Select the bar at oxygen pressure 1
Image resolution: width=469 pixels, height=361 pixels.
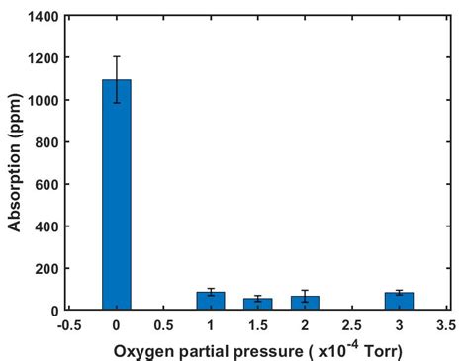coord(211,302)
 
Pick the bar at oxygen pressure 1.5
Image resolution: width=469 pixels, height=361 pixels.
coord(258,305)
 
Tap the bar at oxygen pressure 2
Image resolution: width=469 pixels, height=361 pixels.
coord(305,304)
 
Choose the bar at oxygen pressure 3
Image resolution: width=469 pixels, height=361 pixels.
coord(399,302)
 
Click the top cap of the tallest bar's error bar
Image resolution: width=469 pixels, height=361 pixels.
coord(117,56)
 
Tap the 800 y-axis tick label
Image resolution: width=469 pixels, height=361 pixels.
coord(47,142)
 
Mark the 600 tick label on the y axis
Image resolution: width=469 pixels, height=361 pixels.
coord(47,185)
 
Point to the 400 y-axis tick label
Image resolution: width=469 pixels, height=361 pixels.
coord(47,226)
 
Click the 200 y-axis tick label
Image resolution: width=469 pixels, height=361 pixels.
coord(47,269)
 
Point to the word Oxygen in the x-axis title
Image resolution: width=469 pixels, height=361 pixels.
coord(141,349)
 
